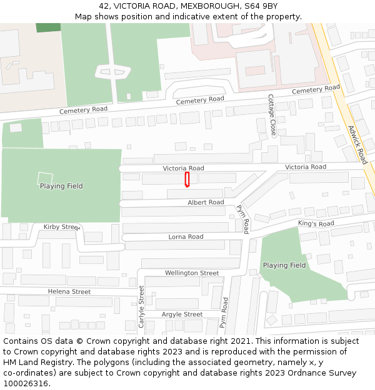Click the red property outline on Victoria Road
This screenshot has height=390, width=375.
click(187, 180)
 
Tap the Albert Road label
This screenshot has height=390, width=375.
click(206, 203)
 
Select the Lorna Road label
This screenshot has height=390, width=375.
click(186, 237)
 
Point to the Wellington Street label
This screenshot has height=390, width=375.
click(192, 273)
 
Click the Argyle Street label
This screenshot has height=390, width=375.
click(182, 314)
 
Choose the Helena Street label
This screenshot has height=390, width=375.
click(69, 291)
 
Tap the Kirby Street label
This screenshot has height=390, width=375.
click(62, 227)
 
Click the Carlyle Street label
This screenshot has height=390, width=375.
click(142, 306)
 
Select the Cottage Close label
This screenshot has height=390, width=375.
click(272, 115)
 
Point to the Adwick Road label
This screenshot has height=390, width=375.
click(357, 143)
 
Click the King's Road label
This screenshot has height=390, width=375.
click(316, 223)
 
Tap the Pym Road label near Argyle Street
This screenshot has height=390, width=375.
click(223, 313)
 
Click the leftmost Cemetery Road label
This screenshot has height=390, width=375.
click(83, 110)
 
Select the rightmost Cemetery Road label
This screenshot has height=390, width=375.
click(315, 90)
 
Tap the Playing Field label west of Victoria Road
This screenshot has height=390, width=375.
click(61, 186)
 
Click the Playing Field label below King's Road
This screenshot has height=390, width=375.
click(284, 265)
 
